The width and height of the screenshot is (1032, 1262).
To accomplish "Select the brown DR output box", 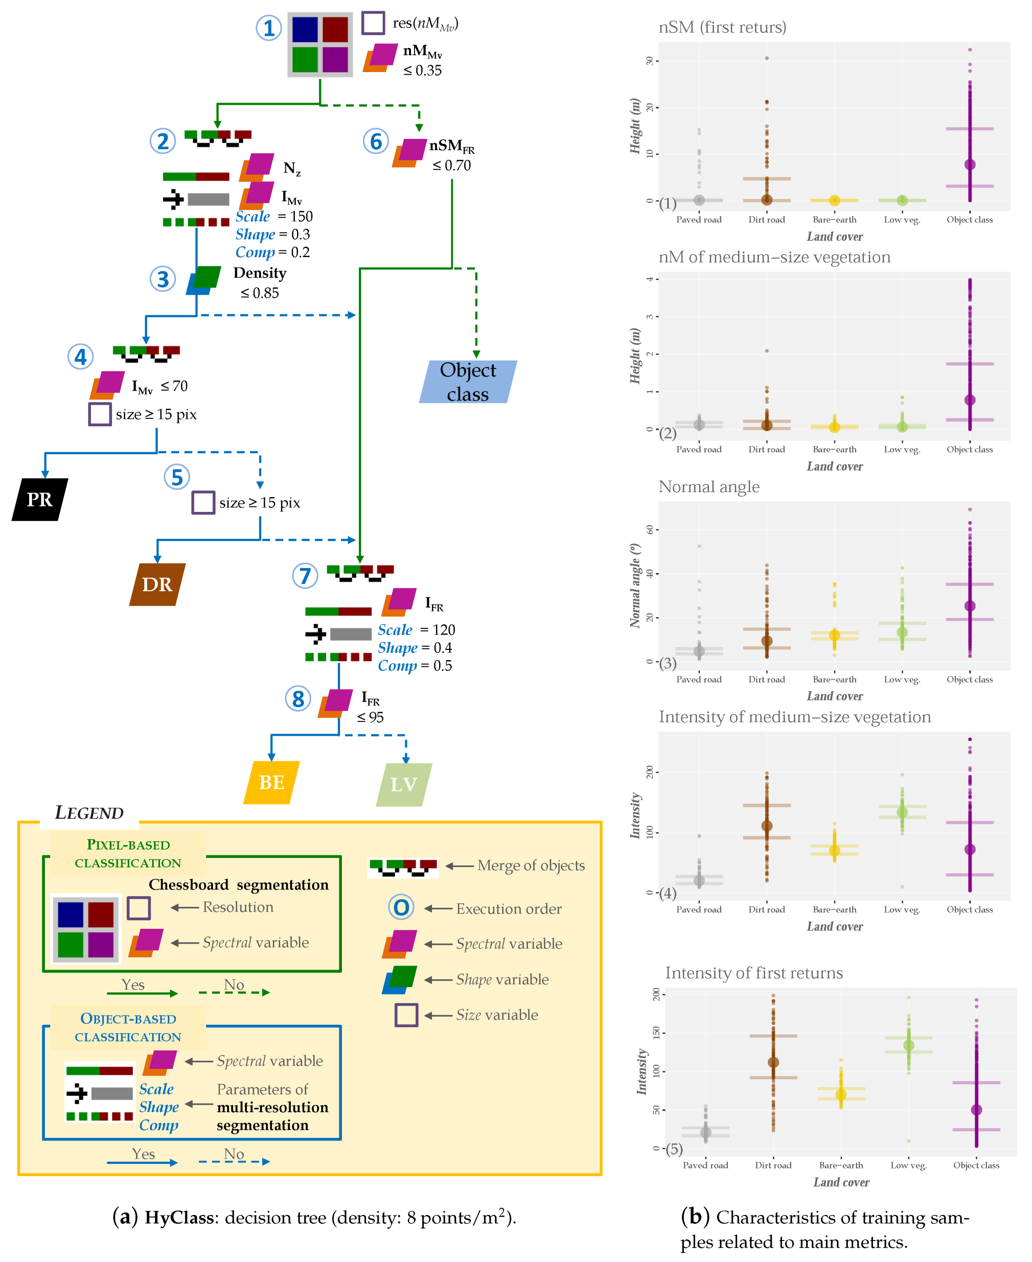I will click(157, 584).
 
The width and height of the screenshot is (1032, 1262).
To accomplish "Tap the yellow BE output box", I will click(272, 782).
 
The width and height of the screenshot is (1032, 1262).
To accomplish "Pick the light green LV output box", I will click(404, 784).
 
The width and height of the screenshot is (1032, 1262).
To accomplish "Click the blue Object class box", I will click(468, 382).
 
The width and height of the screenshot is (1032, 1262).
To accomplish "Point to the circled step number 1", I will click(269, 28).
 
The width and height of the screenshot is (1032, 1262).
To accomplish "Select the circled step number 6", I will click(376, 142).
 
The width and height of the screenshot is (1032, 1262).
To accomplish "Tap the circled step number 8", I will click(298, 699).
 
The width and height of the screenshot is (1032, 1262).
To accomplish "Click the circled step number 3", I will click(162, 279).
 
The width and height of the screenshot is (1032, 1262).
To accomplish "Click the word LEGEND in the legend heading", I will click(89, 812).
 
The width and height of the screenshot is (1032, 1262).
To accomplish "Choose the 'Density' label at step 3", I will click(260, 273).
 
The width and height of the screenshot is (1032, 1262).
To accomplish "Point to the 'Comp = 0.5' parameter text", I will click(415, 665).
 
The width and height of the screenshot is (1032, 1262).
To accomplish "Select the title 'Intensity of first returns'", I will click(754, 973).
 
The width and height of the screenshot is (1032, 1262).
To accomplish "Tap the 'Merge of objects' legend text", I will click(531, 865).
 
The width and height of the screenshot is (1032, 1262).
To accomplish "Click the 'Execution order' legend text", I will click(509, 909).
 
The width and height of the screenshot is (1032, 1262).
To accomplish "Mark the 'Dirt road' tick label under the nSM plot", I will click(766, 219).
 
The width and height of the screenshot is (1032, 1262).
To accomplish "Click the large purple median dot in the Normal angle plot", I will click(970, 606).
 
